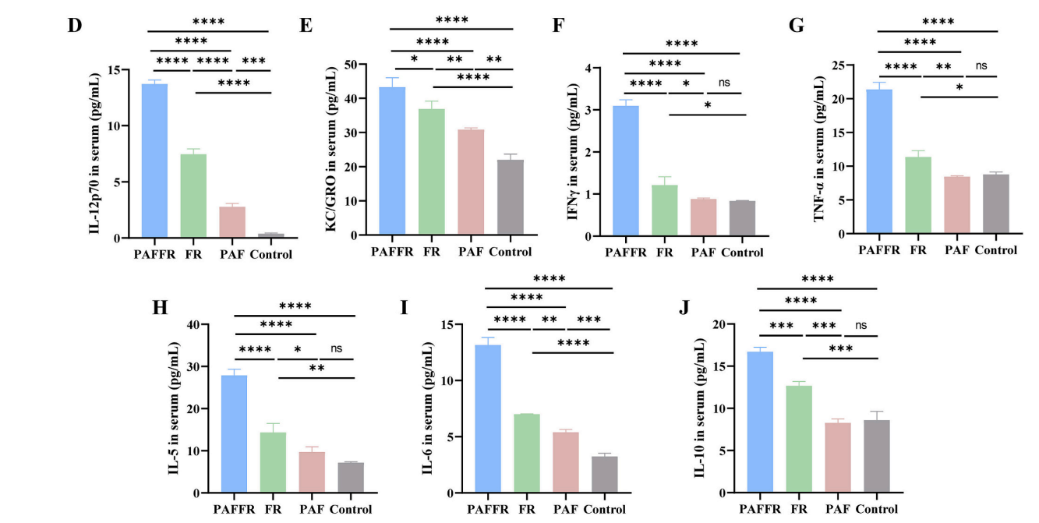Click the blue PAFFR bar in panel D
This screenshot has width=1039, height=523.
[x=154, y=160]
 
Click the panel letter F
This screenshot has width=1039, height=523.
[x=557, y=24]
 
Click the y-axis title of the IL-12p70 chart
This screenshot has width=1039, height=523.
[x=94, y=153]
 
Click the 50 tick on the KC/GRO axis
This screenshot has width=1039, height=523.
[x=360, y=65]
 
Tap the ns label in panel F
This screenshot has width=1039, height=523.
[x=724, y=83]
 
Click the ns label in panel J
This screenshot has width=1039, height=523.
[x=861, y=325]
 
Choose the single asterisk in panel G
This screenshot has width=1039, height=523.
[x=959, y=87]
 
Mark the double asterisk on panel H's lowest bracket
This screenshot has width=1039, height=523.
[x=316, y=367]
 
